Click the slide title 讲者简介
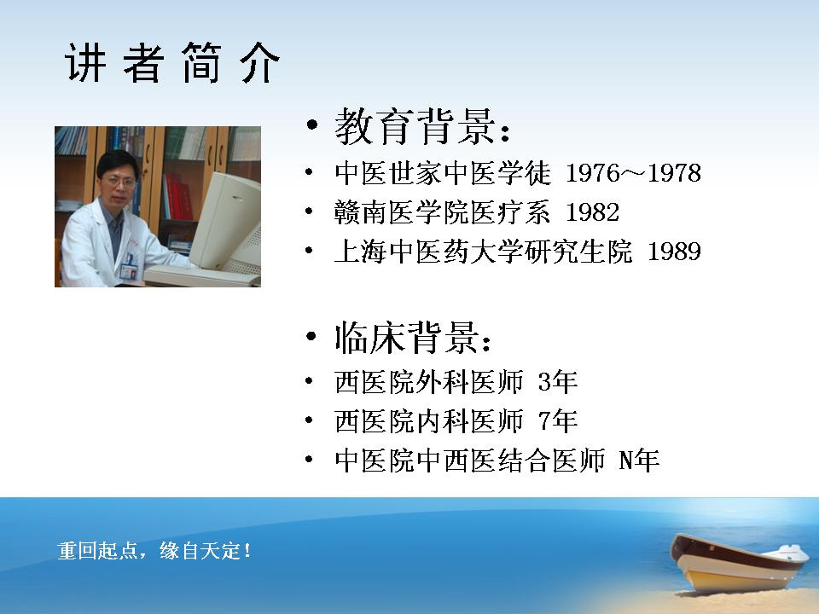(172, 62)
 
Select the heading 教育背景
(415, 126)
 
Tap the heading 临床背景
(406, 338)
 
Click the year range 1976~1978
(633, 173)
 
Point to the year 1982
(592, 212)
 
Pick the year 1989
(674, 251)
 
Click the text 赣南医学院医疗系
(442, 212)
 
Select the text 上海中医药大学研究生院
(483, 251)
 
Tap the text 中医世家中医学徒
(442, 173)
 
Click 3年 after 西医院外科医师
(557, 382)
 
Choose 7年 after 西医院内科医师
(557, 420)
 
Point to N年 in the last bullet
(638, 460)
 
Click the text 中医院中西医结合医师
(469, 460)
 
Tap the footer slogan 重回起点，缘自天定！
(154, 551)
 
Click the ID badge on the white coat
(128, 269)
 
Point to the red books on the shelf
(177, 196)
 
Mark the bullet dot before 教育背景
(312, 125)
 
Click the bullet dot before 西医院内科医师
(309, 420)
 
